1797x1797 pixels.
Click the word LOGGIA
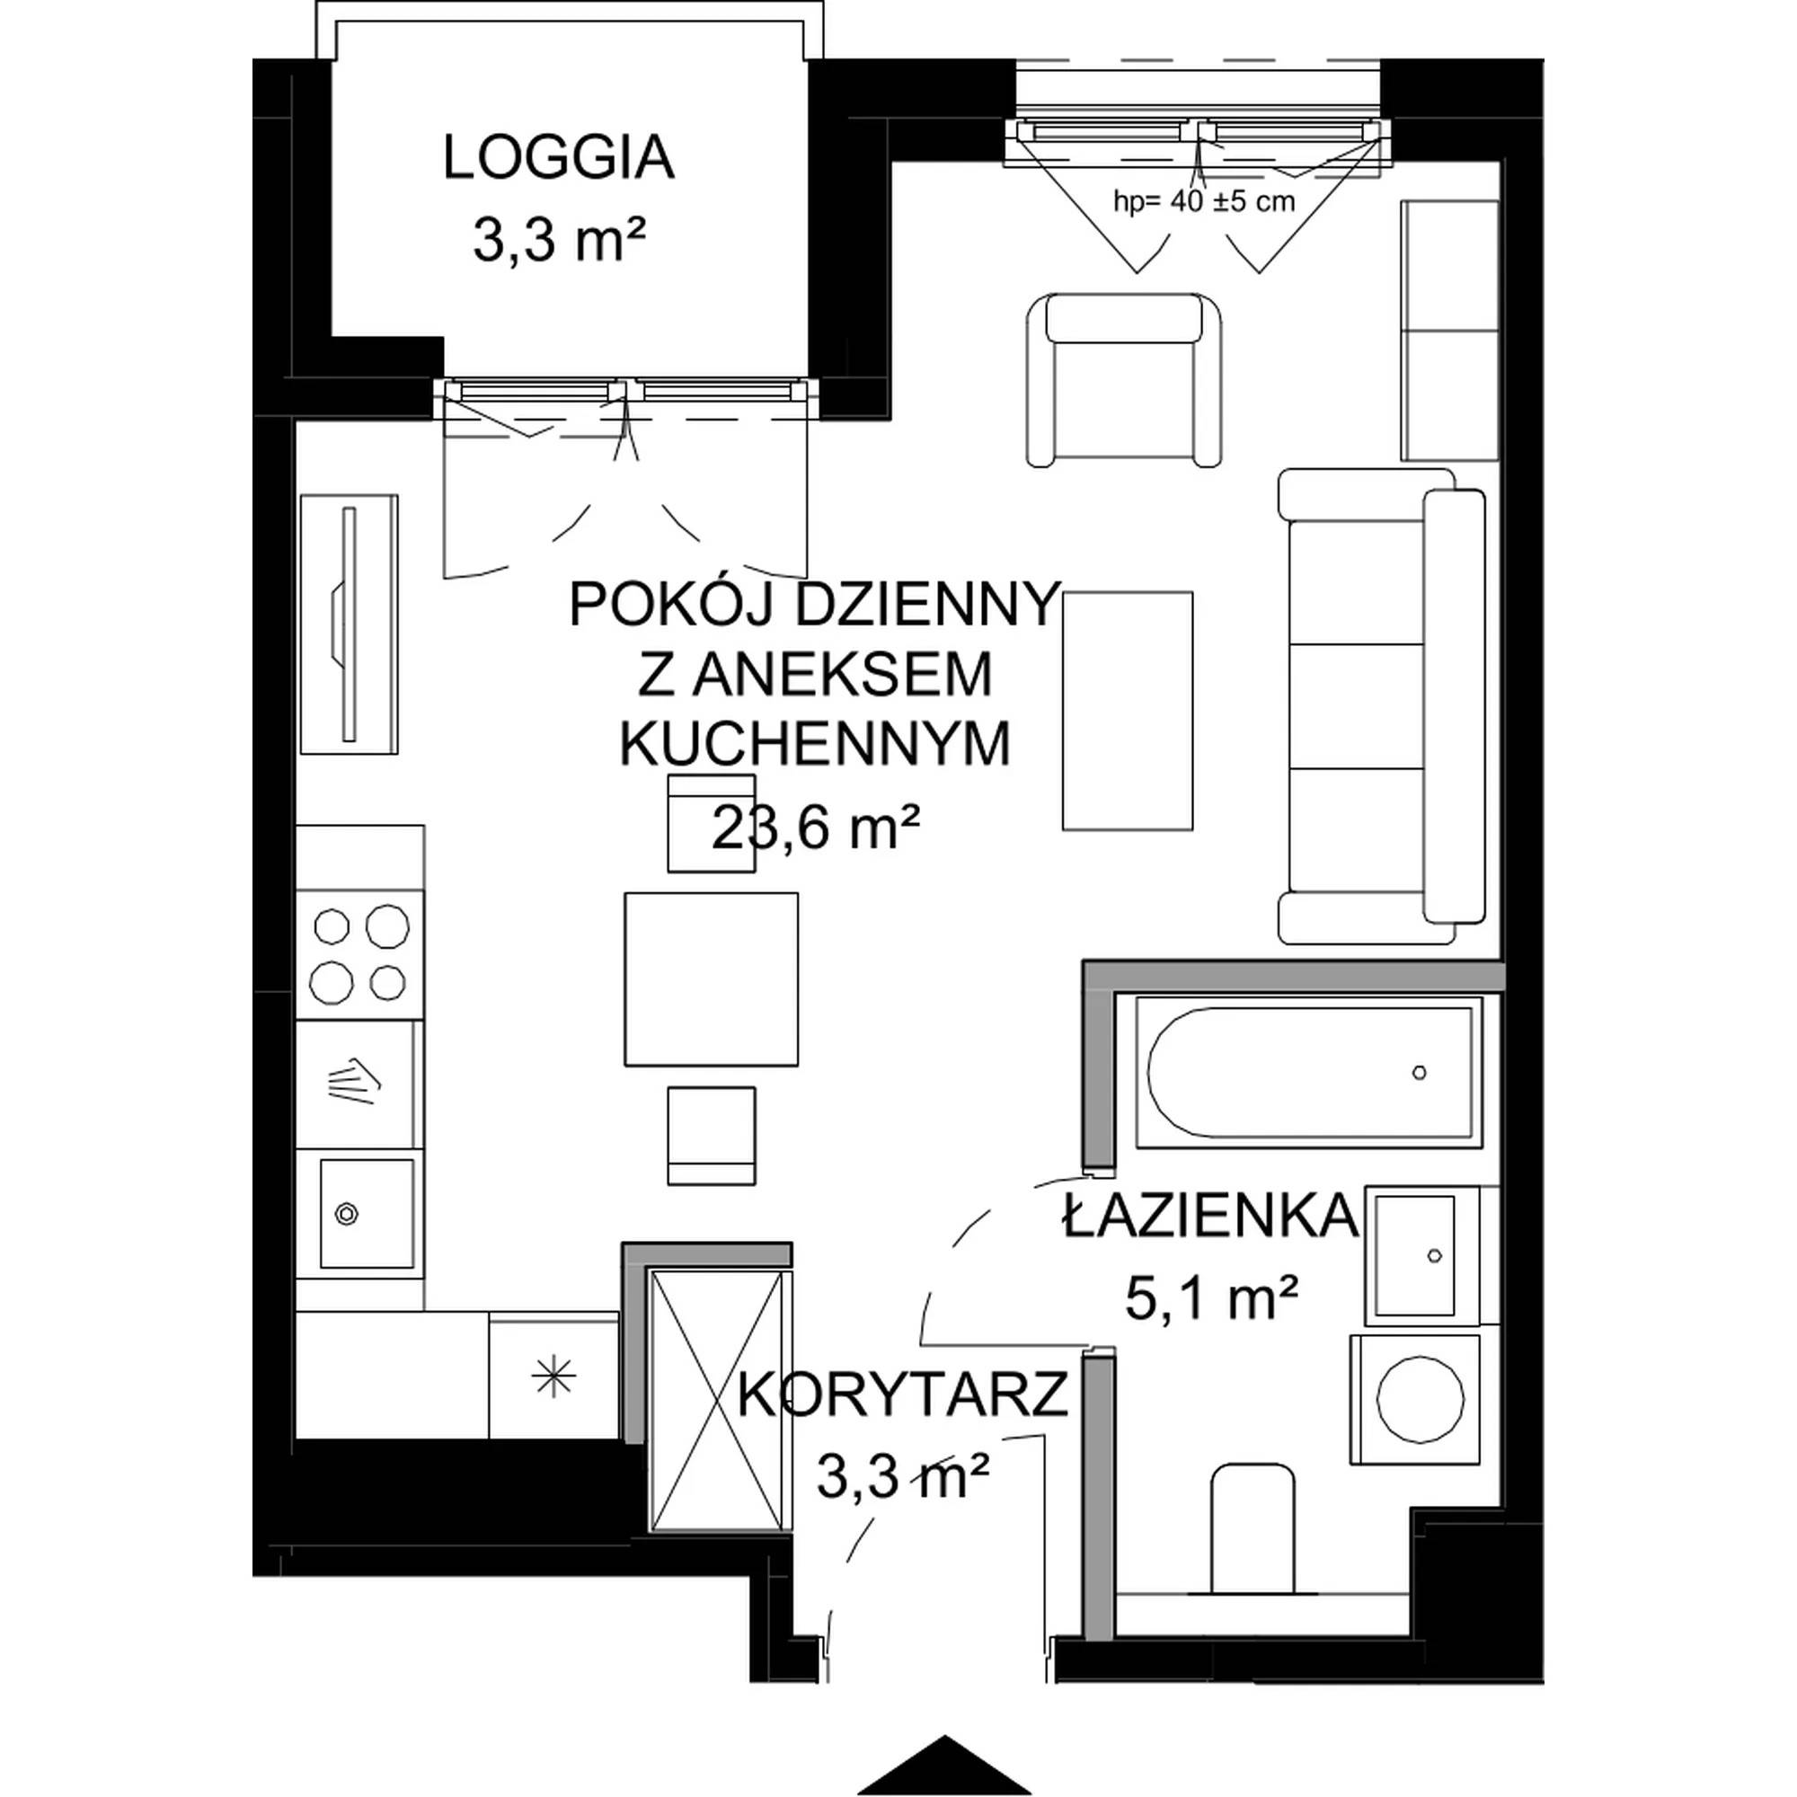coord(558,157)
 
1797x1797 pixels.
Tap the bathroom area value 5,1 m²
coord(1211,1297)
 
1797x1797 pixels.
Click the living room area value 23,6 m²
coord(816,827)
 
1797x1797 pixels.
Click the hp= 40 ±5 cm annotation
coord(1204,201)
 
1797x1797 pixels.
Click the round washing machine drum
coord(1421,1398)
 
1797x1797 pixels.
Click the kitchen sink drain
coord(347,1214)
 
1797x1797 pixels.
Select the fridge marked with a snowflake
coord(553,1376)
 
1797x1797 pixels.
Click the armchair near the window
coord(1124,380)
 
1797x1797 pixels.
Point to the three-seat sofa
coord(1381,706)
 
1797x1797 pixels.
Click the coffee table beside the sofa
coord(1128,711)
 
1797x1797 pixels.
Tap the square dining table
coord(712,979)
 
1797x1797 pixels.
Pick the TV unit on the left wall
coord(349,624)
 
